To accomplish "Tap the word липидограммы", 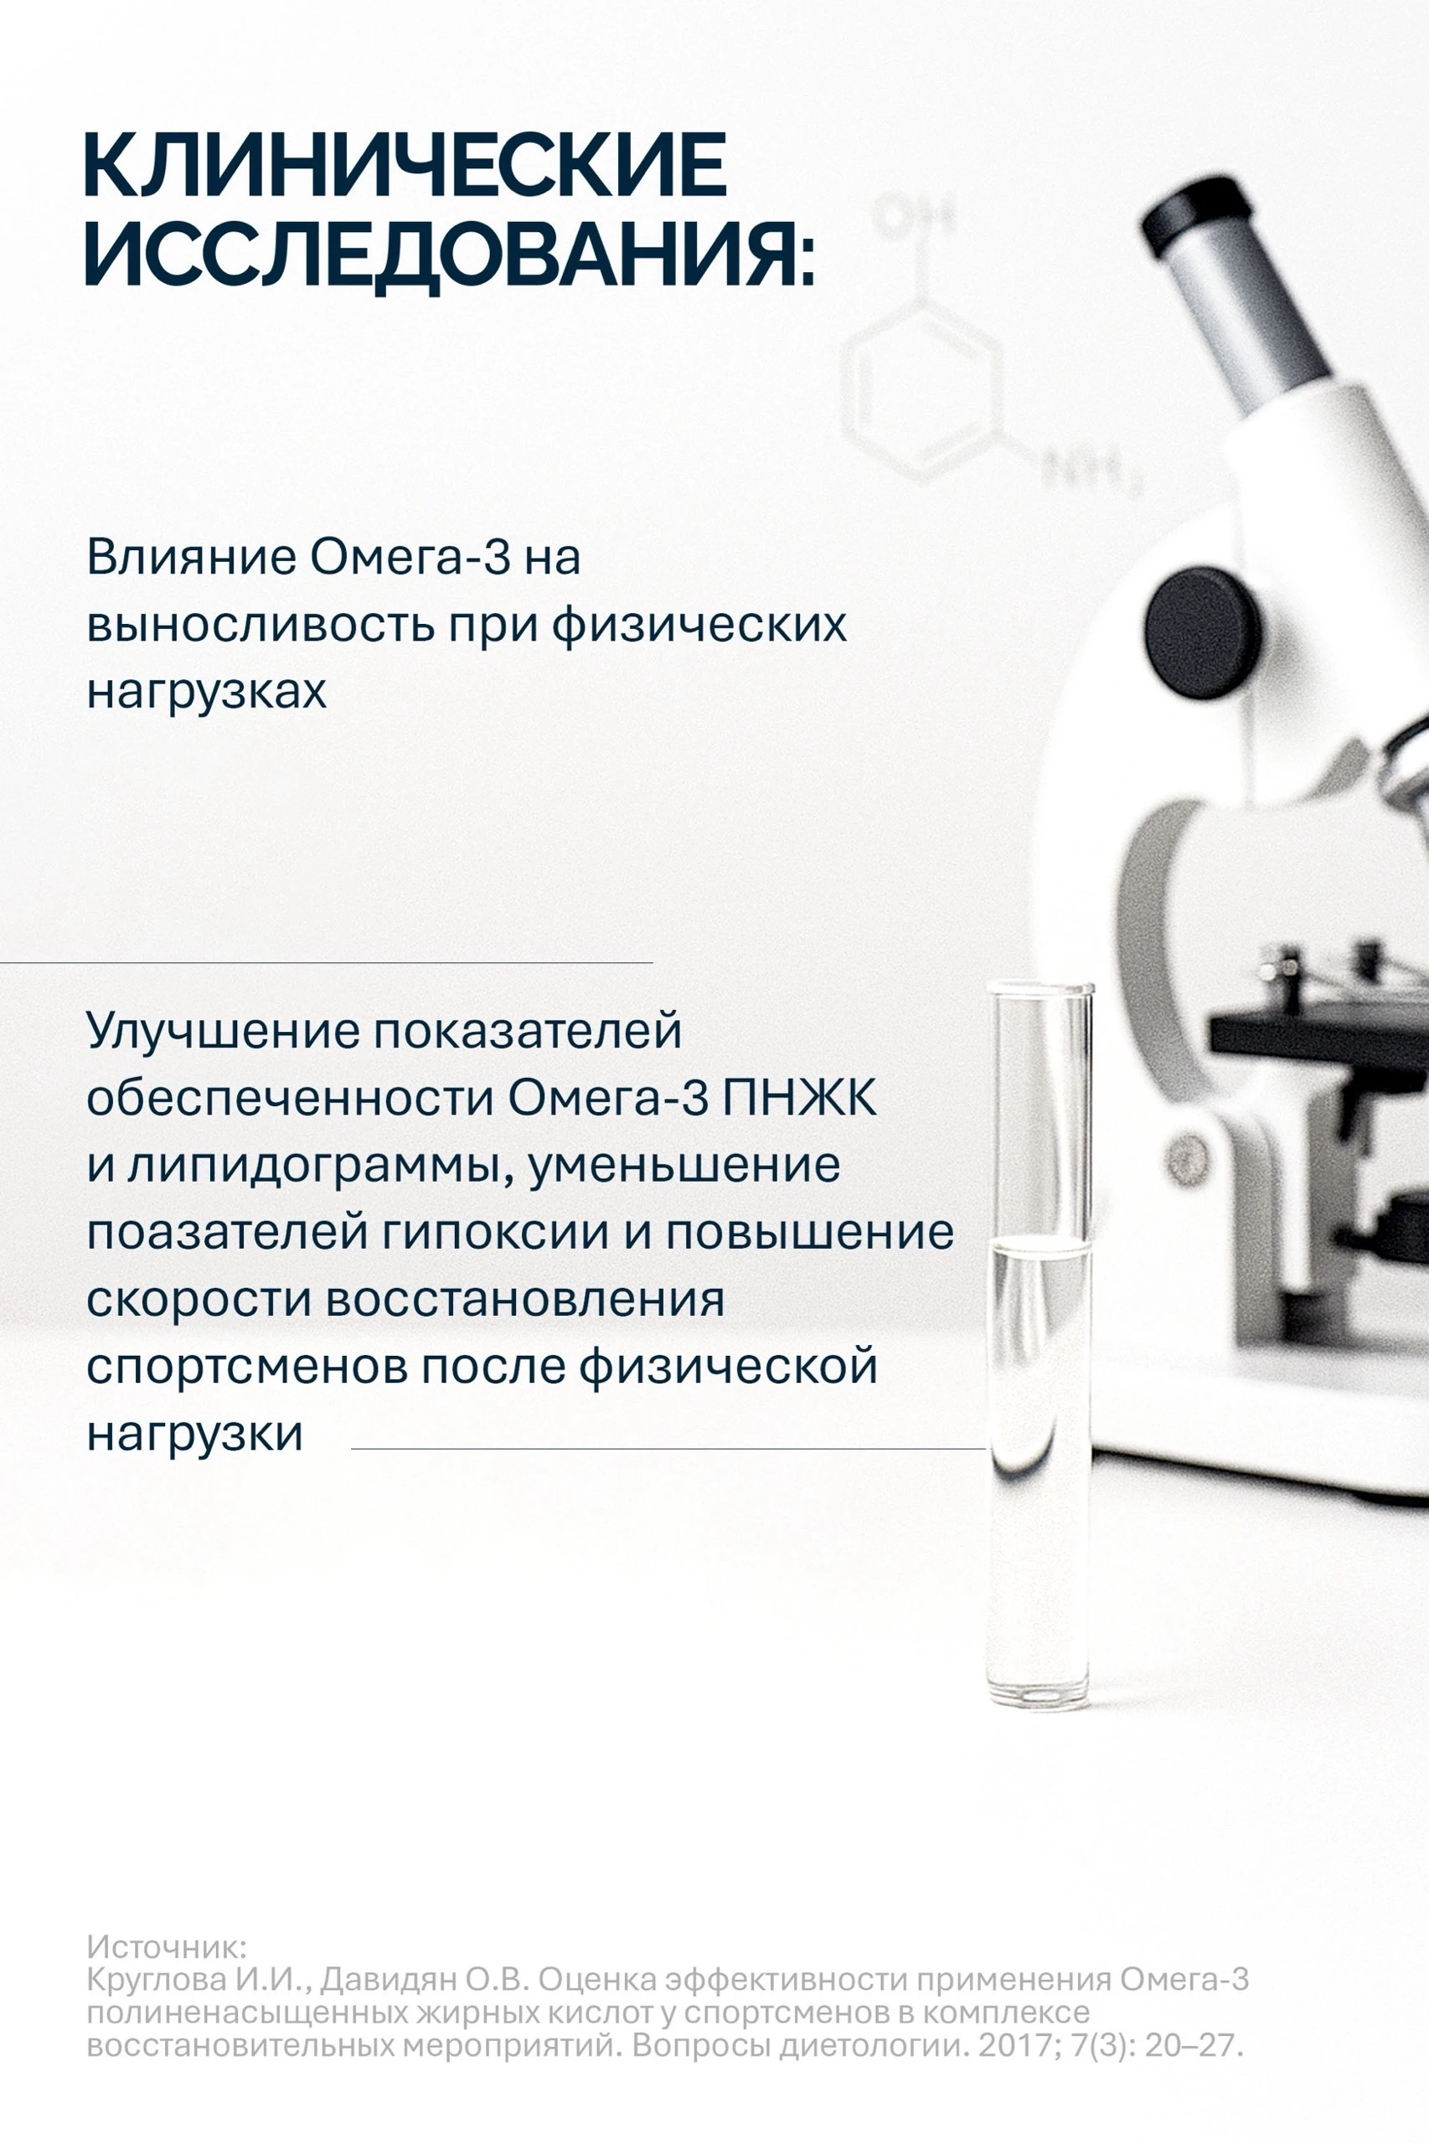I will [318, 1166].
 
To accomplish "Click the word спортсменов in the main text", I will [246, 1368].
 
